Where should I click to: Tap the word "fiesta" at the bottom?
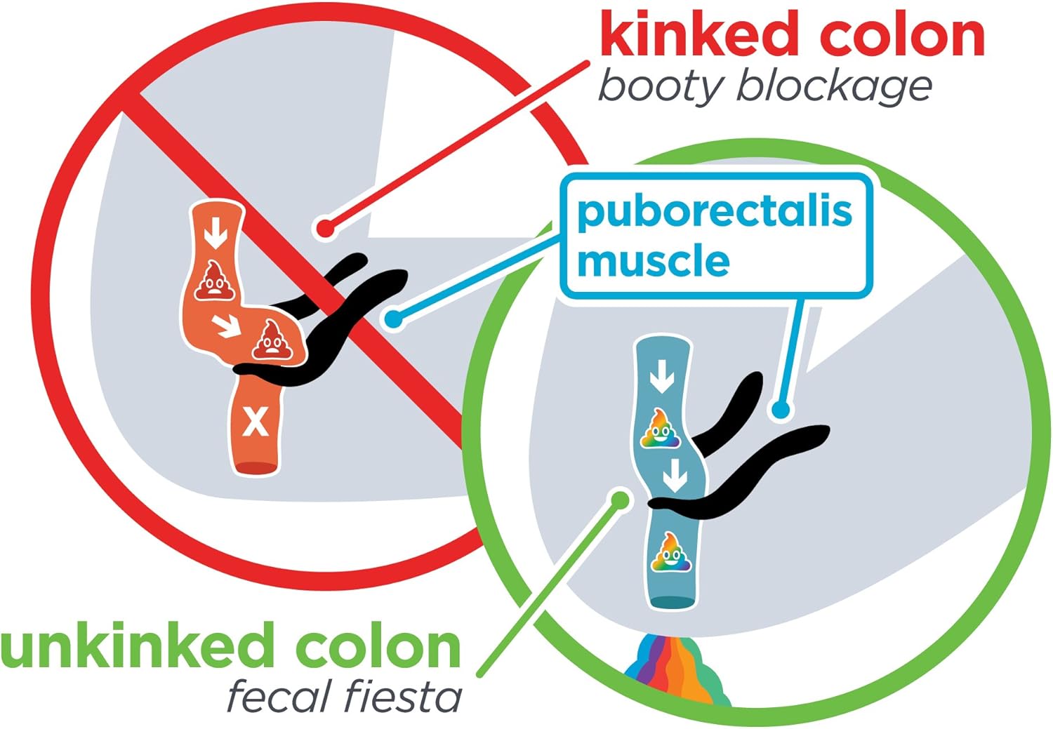403,697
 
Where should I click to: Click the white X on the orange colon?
256,422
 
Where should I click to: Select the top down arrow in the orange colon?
216,232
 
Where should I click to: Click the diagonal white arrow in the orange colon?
226,326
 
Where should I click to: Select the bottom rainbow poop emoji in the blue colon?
671,552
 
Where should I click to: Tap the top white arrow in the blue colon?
662,376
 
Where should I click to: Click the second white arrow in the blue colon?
675,475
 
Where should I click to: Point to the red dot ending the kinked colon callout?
325,229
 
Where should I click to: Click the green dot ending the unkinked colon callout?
621,500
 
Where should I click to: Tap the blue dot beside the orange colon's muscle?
394,319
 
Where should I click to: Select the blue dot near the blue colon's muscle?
781,410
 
